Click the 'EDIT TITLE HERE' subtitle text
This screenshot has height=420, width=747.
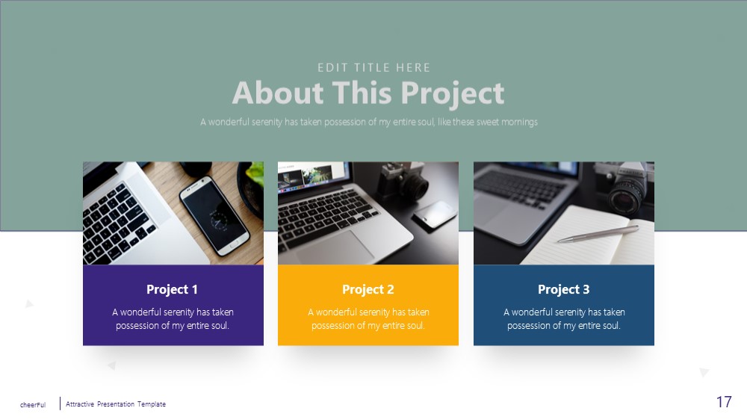pyautogui.click(x=374, y=68)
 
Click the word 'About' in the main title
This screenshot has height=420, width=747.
pyautogui.click(x=278, y=93)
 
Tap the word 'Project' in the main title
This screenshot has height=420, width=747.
pyautogui.click(x=452, y=93)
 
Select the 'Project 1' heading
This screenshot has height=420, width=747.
pyautogui.click(x=172, y=289)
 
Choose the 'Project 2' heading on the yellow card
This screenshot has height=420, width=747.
pyautogui.click(x=368, y=289)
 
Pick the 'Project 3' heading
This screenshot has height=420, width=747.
pyautogui.click(x=563, y=289)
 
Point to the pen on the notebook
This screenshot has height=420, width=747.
pyautogui.click(x=598, y=234)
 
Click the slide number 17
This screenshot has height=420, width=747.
pyautogui.click(x=724, y=402)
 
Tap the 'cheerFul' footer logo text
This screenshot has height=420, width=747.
pyautogui.click(x=33, y=405)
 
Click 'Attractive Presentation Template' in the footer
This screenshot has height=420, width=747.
pyautogui.click(x=116, y=404)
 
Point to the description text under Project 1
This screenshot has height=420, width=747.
pyautogui.click(x=173, y=318)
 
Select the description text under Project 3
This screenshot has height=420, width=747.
pyautogui.click(x=564, y=318)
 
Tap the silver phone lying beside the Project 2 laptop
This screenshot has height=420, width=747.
pyautogui.click(x=435, y=215)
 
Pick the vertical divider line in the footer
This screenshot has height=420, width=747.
pyautogui.click(x=60, y=404)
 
